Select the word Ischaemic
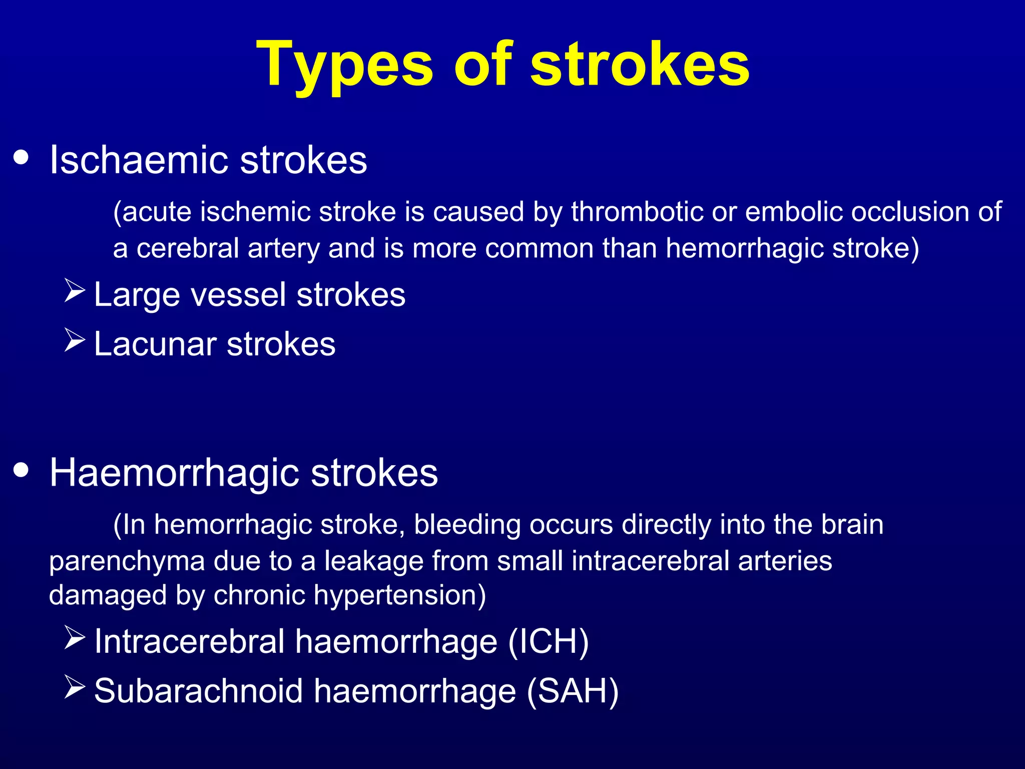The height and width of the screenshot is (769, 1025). click(140, 160)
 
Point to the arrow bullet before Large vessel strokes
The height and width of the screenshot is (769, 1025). click(75, 291)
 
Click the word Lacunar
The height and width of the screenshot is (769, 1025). click(155, 344)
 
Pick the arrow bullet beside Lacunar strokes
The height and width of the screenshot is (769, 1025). click(75, 340)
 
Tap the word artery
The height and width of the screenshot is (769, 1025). click(283, 249)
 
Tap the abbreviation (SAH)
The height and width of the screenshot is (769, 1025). click(573, 691)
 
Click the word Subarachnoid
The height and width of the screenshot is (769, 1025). click(198, 691)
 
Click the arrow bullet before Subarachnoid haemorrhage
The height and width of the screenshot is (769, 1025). click(75, 687)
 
